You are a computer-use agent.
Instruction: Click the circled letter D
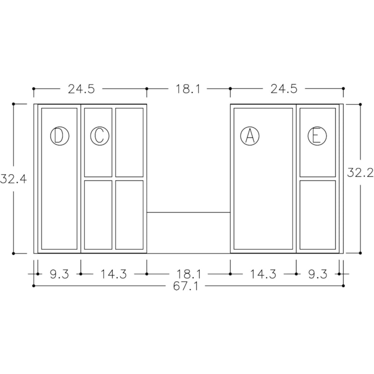tap(60, 136)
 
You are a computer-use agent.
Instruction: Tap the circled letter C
tap(100, 136)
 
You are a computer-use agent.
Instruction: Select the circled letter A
tap(250, 136)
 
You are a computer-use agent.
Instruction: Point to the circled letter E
tap(317, 136)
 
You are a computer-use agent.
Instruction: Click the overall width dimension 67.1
tap(186, 286)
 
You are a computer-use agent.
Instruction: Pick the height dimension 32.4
tap(14, 179)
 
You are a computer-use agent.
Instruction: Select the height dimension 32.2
tap(360, 173)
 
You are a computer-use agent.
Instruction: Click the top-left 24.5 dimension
tap(81, 89)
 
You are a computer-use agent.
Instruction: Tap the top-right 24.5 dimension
tap(284, 89)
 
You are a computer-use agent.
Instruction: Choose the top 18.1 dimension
tap(188, 89)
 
